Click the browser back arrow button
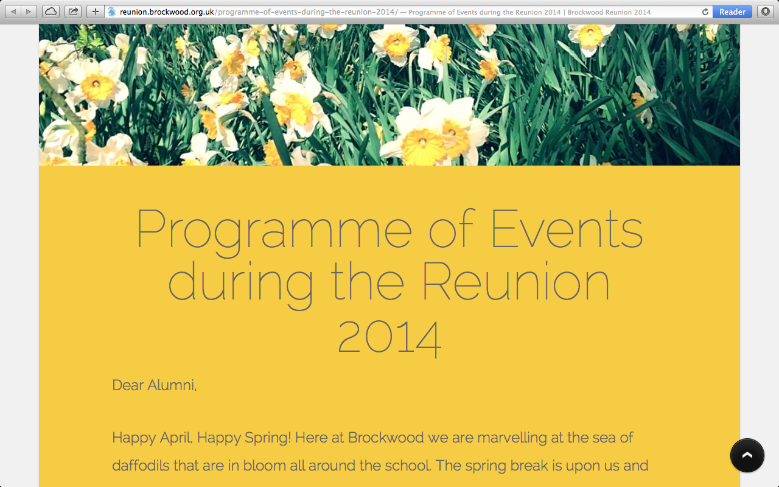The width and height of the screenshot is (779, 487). coord(13,12)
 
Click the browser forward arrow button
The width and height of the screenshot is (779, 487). coord(29,12)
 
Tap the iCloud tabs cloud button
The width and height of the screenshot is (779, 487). coord(51,12)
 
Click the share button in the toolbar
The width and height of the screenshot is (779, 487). coord(73,12)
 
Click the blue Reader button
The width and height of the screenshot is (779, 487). coord(732,12)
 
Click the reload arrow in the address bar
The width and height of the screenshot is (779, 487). coord(705,12)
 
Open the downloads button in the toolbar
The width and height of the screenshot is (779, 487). coord(765,12)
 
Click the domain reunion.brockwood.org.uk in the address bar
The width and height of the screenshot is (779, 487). coord(167,12)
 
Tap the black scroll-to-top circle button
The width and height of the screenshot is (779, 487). coord(747,455)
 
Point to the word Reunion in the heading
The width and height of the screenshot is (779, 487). coord(516,281)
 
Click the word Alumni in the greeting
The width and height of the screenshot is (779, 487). coord(172,385)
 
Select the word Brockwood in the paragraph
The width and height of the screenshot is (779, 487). coord(386,438)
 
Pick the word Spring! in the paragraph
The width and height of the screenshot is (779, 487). coord(268,438)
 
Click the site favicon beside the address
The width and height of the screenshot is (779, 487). coord(111,12)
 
